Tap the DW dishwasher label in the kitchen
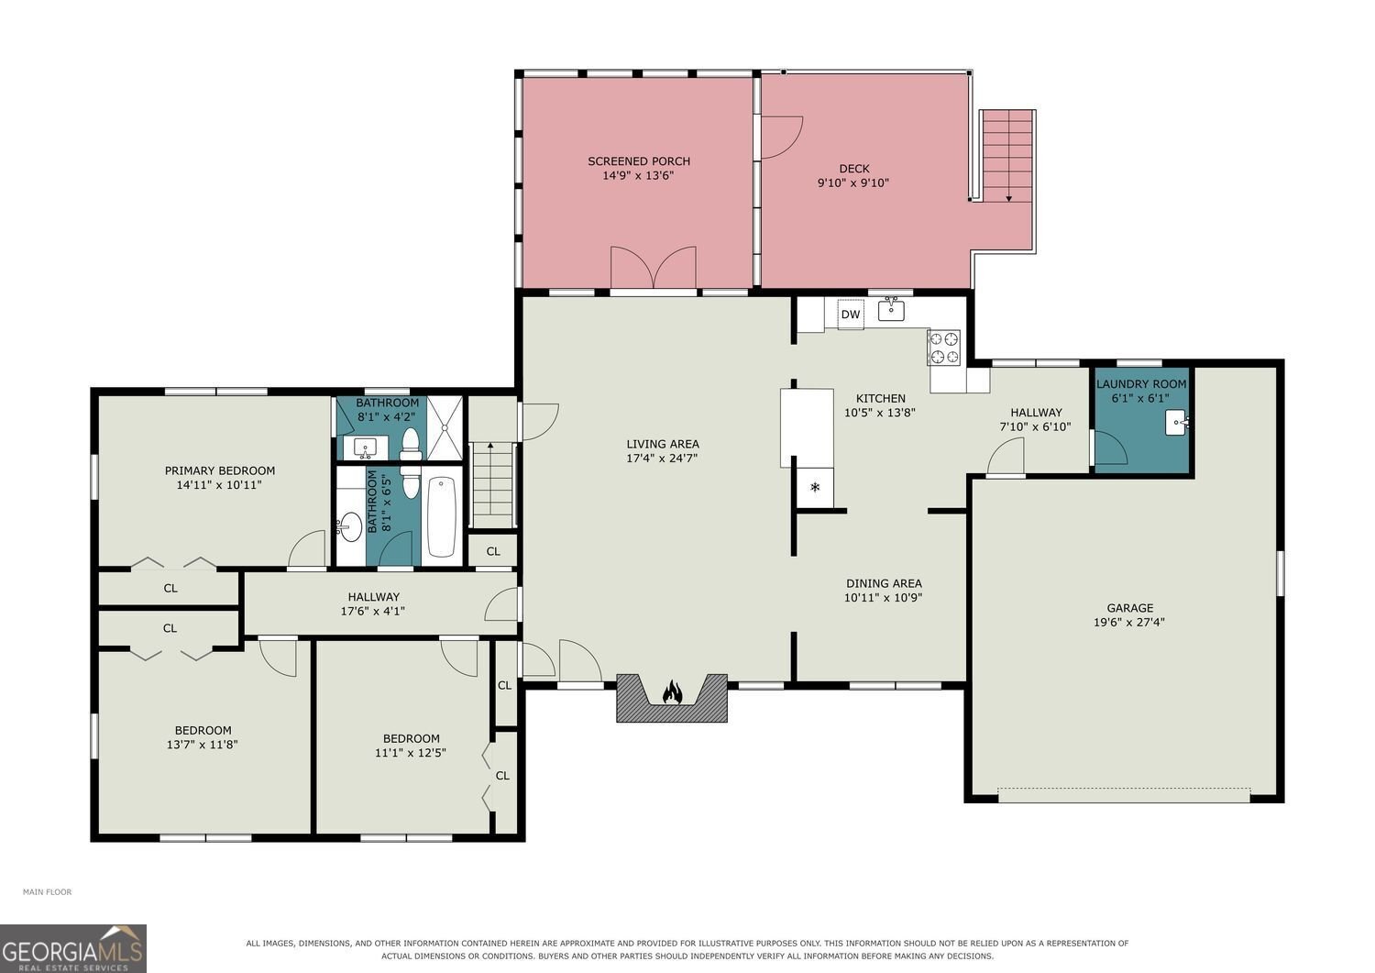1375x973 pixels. coord(850,315)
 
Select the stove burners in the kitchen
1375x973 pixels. coord(943,347)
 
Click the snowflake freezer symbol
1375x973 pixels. coord(815,488)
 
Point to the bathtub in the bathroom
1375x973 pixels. coord(442,516)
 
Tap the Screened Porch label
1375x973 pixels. coord(639,160)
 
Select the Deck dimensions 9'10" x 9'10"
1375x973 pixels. coord(853,182)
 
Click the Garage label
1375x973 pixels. coord(1130,607)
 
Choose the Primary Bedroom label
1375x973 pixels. coord(220,470)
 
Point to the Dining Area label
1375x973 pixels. coord(884,583)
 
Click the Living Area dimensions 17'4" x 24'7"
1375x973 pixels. coord(663,458)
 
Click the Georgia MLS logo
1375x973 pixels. coord(73,948)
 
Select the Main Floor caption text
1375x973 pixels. coord(48,892)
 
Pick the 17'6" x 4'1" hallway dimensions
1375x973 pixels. coord(372,611)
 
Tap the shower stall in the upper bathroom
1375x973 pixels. coord(445,427)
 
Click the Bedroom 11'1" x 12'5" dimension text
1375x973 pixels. coord(411,753)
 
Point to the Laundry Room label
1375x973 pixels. coord(1141,384)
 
